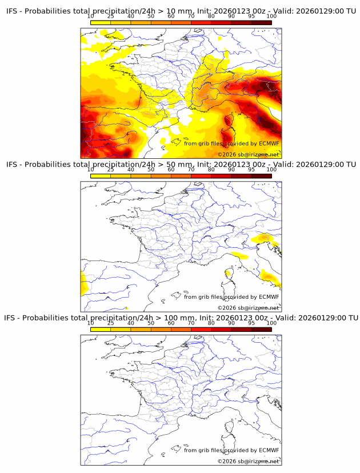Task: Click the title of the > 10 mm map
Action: coord(181,11)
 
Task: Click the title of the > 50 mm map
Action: coord(181,165)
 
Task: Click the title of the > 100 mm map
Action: coord(181,318)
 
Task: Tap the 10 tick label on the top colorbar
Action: coord(91,17)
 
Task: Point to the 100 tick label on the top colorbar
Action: coord(271,17)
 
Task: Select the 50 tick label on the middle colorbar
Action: coord(151,170)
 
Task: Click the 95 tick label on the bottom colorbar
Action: coord(251,323)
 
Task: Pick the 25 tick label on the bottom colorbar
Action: coord(111,323)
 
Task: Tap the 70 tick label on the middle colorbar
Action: coord(191,170)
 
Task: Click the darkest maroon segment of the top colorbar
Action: coord(261,23)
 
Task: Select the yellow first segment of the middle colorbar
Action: coord(101,176)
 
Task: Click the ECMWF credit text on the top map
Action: coord(231,143)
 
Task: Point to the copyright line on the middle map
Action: coord(248,307)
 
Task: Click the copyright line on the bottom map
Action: coord(248,461)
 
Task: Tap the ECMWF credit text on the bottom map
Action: coord(231,450)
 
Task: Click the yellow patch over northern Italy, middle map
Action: coord(264,237)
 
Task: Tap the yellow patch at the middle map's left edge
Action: coord(83,283)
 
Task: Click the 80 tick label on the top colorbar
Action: coord(211,17)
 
